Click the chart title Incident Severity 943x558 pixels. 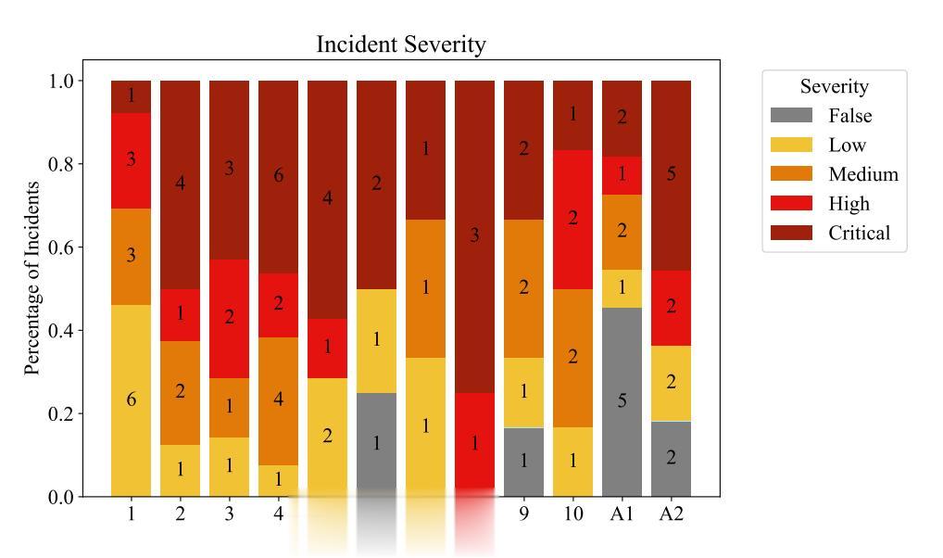coord(400,44)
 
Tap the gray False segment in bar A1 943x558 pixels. coord(622,401)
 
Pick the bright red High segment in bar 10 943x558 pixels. coord(573,219)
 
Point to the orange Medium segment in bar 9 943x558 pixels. coord(524,288)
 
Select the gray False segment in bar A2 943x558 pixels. coord(671,458)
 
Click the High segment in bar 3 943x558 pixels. coord(229,318)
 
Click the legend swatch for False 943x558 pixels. coord(791,116)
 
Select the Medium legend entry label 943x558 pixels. coord(863,174)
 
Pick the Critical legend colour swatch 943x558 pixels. coord(791,233)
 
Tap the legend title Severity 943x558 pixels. coord(834,86)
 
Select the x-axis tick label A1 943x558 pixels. coord(622,514)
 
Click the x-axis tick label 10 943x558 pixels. coord(573,514)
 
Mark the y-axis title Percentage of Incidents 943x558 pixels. coord(33,278)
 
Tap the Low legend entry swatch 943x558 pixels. coord(791,145)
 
